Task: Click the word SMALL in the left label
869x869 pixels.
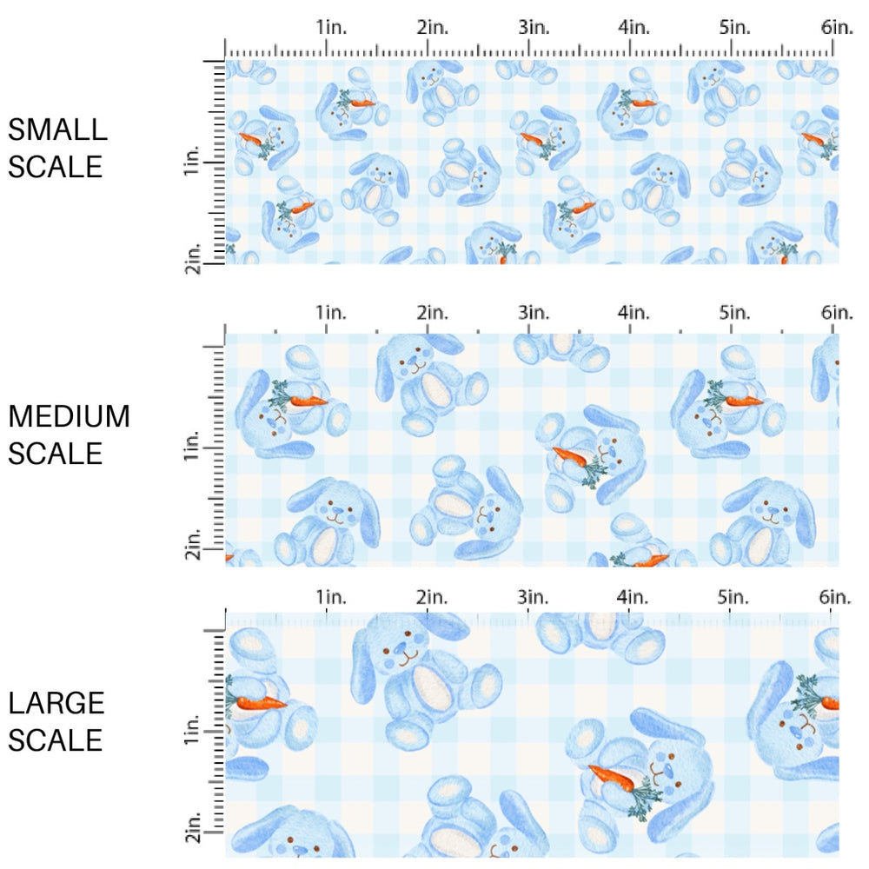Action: point(57,130)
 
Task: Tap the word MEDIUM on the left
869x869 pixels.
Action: point(69,416)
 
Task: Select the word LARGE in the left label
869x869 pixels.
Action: point(56,703)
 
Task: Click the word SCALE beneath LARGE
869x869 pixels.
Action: point(56,740)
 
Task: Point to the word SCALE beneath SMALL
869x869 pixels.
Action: point(56,166)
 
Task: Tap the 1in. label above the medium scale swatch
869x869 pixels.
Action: point(329,312)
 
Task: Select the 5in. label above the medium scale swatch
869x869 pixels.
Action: point(733,312)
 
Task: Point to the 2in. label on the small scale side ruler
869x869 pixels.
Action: point(192,259)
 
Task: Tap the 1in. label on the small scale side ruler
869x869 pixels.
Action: point(192,162)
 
